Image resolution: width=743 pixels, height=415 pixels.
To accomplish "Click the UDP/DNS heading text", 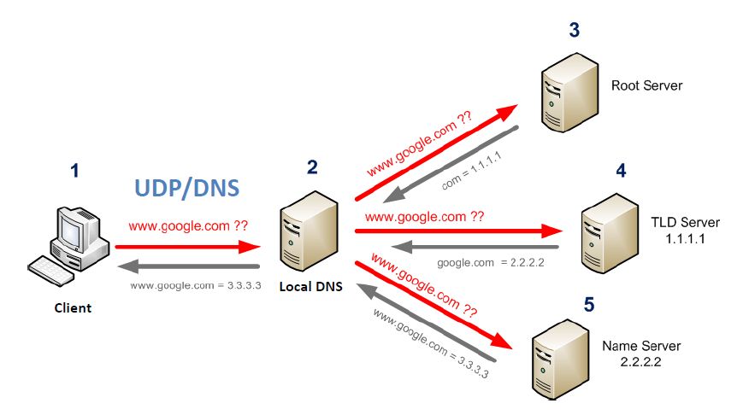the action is point(187,189).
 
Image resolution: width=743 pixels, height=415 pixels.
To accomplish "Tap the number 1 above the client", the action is point(74,171).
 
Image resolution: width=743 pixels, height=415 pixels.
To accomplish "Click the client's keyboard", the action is point(50,271).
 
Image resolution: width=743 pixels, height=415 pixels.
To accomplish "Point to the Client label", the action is point(73,308).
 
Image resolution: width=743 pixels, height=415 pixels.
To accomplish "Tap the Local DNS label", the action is point(311,287).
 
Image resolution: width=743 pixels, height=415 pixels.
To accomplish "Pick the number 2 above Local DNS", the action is point(312,167).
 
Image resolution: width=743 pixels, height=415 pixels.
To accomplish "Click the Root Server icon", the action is point(569,93).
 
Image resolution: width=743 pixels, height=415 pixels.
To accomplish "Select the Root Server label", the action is point(646,85).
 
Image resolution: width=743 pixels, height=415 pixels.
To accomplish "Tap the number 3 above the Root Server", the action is point(575,30).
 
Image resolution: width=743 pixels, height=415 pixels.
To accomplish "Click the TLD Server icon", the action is point(610,234).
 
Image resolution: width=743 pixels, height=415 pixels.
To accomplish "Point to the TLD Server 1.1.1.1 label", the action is point(685,231).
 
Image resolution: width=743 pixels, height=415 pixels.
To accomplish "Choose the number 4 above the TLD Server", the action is point(621,171).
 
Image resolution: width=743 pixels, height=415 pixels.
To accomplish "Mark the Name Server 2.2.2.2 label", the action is point(641,354).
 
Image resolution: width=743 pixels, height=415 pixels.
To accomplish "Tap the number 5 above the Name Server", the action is point(589,305).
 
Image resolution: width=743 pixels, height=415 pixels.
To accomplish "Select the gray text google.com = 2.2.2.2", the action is point(491,263).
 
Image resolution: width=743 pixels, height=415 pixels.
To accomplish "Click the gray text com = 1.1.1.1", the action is point(471,171).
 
